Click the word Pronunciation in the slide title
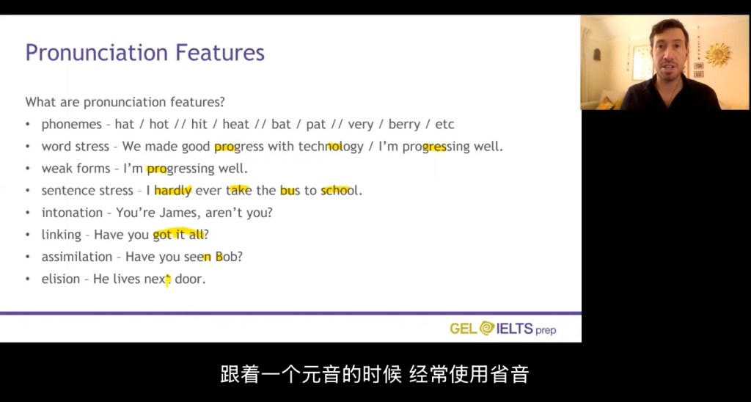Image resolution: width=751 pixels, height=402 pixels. click(x=96, y=53)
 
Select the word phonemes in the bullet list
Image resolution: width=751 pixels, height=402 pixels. click(x=71, y=125)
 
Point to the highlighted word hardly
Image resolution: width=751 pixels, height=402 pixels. click(x=173, y=191)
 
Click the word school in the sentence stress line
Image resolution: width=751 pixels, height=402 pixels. click(x=340, y=190)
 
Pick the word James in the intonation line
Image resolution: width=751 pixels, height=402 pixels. click(x=178, y=213)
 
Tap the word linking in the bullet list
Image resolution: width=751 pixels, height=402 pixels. click(x=62, y=235)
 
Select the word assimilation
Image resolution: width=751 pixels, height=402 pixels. click(x=76, y=257)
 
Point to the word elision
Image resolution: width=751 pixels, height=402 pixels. click(x=61, y=279)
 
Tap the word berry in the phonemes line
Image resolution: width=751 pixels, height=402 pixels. click(x=405, y=125)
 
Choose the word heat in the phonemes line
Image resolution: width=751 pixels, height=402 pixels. click(x=235, y=125)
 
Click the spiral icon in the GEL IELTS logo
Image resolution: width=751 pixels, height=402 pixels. click(x=487, y=328)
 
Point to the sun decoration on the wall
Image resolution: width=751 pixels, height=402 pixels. click(x=718, y=54)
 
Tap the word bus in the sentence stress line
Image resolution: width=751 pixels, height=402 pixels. click(x=290, y=190)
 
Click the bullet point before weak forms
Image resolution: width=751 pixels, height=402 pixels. click(x=29, y=169)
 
